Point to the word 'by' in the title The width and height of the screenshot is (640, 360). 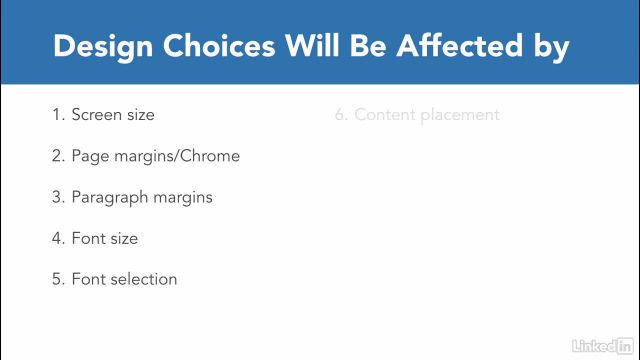click(550, 46)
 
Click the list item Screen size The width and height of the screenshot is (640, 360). click(113, 115)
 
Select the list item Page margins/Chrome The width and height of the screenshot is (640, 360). click(155, 156)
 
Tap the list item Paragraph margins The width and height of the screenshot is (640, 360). click(142, 197)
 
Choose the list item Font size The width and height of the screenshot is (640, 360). click(104, 238)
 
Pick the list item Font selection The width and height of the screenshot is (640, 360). click(124, 279)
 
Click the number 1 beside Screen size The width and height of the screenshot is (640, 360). click(57, 115)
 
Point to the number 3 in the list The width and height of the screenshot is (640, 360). click(57, 197)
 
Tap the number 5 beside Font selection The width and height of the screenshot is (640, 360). click(57, 279)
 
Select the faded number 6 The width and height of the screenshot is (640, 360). click(340, 115)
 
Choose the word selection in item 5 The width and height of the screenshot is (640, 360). click(142, 279)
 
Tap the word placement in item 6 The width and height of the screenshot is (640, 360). click(459, 115)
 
